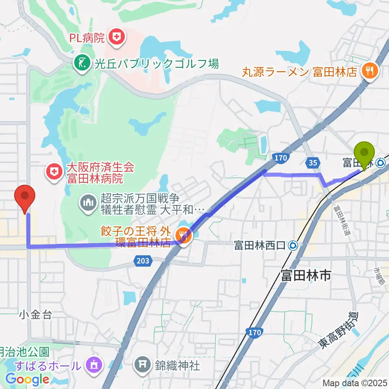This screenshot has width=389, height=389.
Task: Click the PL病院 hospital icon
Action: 117,38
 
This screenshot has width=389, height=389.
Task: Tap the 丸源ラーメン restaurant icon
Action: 370,72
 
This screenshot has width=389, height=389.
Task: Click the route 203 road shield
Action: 143,261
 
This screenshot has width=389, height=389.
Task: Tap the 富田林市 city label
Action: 306,276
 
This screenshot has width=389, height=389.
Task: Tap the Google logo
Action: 27,380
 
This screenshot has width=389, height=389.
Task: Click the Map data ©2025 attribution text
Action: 354,383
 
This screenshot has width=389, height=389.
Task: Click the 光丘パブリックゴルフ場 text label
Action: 157,63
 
